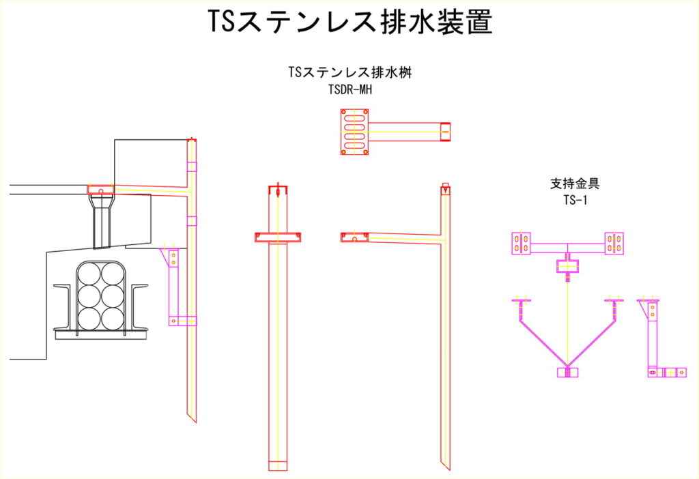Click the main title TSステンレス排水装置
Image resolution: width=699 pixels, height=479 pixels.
349,23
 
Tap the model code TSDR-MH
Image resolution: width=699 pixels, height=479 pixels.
350,89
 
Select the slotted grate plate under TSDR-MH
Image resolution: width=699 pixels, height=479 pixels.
355,132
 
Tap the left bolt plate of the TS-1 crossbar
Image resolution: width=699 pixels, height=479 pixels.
522,243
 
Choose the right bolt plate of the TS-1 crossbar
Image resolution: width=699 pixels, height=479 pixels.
614,243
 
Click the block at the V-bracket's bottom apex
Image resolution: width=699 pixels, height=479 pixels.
568,372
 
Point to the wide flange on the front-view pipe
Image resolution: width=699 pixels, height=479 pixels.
278,237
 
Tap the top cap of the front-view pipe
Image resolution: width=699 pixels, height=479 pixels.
278,189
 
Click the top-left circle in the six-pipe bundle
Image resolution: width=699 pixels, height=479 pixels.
88,274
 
